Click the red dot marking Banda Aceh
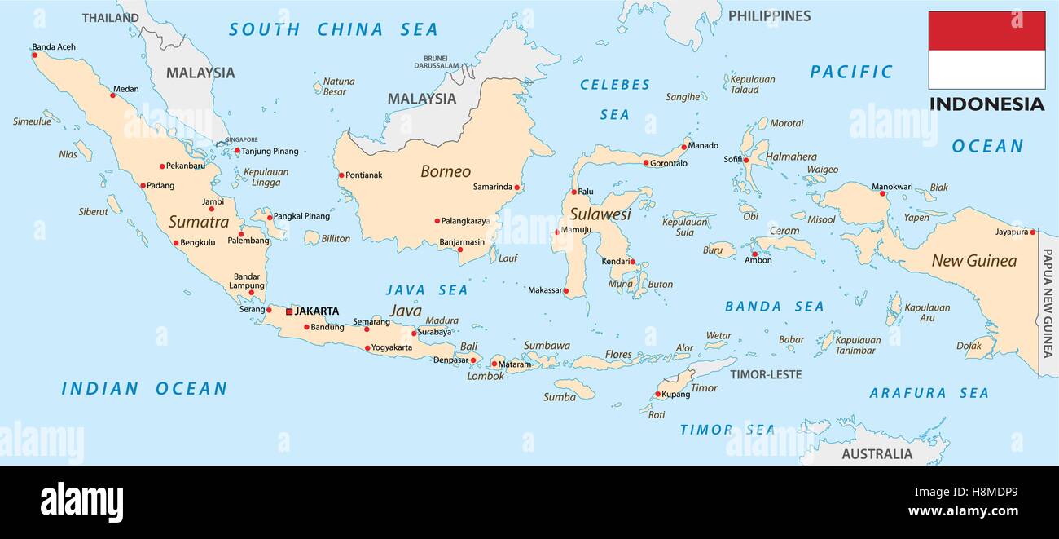coord(34,55)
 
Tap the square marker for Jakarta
coord(289,311)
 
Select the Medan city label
coord(125,89)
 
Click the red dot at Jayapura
coord(1032,232)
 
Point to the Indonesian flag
coord(986,50)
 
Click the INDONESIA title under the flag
coord(986,104)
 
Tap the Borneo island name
coord(446,171)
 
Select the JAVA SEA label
coord(427,289)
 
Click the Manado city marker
coord(683,148)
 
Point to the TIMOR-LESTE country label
coord(765,374)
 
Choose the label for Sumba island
coord(560,397)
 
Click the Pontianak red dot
coord(341,175)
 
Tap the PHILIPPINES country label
coord(769,15)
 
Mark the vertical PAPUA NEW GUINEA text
coord(1048,303)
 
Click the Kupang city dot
coord(657,395)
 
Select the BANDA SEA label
coord(774,307)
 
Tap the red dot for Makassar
coord(566,290)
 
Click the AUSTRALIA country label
coord(877,454)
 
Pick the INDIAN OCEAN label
coord(144,389)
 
